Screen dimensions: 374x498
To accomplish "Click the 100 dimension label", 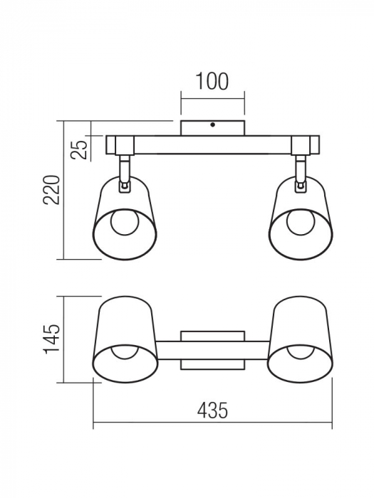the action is (212, 81).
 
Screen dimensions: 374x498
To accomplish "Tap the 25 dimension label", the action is (79, 149).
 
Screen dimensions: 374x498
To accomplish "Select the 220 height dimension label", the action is (52, 190).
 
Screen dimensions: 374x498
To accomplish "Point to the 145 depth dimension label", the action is (52, 339).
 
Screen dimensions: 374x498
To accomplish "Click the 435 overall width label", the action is (212, 410).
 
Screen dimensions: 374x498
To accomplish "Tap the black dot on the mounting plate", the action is (213, 124).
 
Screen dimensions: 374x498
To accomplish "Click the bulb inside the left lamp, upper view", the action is (125, 222).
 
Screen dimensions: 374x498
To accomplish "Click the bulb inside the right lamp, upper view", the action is (301, 222).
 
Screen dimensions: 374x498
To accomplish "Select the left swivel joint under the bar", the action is (125, 173).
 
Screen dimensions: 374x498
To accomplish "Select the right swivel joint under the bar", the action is (301, 173).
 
